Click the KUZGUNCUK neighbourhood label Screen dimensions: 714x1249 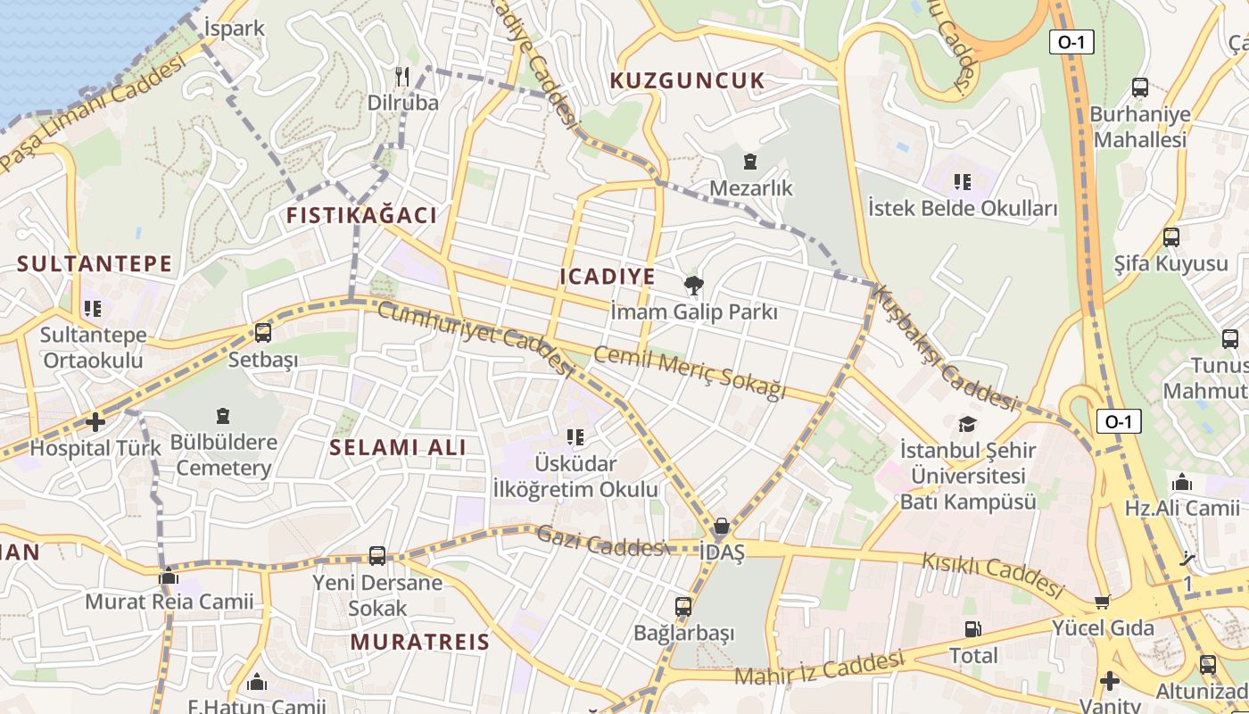tap(687, 81)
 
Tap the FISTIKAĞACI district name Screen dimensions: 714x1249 tap(361, 215)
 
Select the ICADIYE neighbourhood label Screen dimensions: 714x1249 tap(608, 277)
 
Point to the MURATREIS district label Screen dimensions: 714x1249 tap(419, 642)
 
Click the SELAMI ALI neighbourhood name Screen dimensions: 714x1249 tap(398, 447)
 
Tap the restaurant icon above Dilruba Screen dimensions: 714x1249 tap(402, 77)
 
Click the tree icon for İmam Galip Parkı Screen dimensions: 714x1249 tap(692, 286)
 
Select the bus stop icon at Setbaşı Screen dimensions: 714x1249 tap(262, 333)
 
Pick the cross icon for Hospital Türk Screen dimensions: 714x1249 tap(95, 421)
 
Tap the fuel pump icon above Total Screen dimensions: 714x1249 tap(972, 629)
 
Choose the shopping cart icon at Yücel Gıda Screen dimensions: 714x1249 tap(1103, 602)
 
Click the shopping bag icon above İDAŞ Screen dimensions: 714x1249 tap(721, 526)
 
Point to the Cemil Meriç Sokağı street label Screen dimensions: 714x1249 tap(690, 372)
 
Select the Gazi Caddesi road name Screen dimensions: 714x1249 tap(600, 542)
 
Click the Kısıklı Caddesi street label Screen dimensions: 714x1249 tap(993, 575)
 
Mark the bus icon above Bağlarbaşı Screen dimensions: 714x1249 tap(683, 607)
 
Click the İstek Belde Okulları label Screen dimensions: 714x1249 tap(963, 209)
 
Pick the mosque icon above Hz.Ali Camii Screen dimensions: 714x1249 tap(1182, 483)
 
